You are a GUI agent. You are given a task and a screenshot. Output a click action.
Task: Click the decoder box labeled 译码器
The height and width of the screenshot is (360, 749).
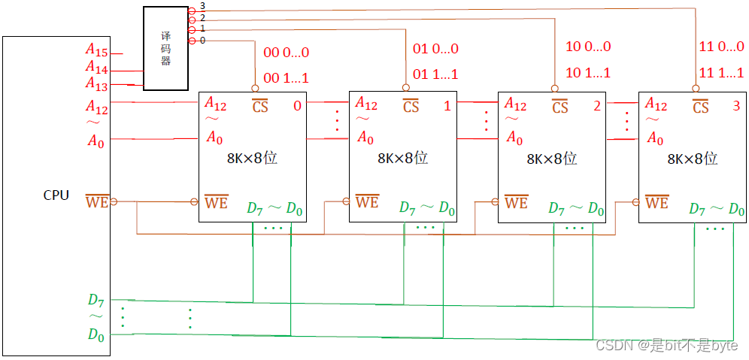pos(165,49)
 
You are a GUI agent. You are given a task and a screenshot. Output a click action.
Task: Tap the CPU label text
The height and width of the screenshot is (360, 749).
pos(56,195)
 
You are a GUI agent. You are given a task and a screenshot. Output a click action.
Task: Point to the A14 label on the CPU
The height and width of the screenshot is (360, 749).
pos(96,68)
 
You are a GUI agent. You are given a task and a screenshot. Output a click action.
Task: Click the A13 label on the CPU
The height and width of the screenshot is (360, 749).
pos(96,84)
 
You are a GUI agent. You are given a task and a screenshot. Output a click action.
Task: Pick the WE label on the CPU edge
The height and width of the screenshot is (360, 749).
pos(96,201)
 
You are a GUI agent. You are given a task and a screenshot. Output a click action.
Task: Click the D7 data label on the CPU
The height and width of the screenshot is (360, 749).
pos(96,301)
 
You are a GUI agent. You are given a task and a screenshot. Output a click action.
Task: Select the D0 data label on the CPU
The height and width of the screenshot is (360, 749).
pos(96,334)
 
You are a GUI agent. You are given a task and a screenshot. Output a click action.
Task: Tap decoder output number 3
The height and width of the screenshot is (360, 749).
pos(202,6)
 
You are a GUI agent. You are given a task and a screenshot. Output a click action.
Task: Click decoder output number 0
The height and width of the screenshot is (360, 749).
pos(202,41)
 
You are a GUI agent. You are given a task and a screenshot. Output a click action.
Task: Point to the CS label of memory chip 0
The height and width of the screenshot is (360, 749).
pos(259,106)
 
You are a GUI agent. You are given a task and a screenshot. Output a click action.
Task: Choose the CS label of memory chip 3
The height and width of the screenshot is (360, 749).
pos(700,106)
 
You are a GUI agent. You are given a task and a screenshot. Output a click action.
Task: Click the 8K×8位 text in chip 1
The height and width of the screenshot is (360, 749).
pos(402,159)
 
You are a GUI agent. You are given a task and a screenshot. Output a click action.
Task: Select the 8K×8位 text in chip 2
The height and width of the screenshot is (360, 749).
pos(551,159)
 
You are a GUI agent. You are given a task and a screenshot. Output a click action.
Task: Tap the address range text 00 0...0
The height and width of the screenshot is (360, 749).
pos(286,53)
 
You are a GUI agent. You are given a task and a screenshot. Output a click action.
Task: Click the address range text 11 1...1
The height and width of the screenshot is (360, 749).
pos(721,73)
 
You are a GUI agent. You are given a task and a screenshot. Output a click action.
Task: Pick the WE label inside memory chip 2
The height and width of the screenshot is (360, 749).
pos(516,202)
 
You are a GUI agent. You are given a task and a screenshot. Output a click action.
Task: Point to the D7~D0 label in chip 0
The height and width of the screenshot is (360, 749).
pos(275,207)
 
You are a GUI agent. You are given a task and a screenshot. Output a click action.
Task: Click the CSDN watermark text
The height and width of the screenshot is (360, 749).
pos(666,345)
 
